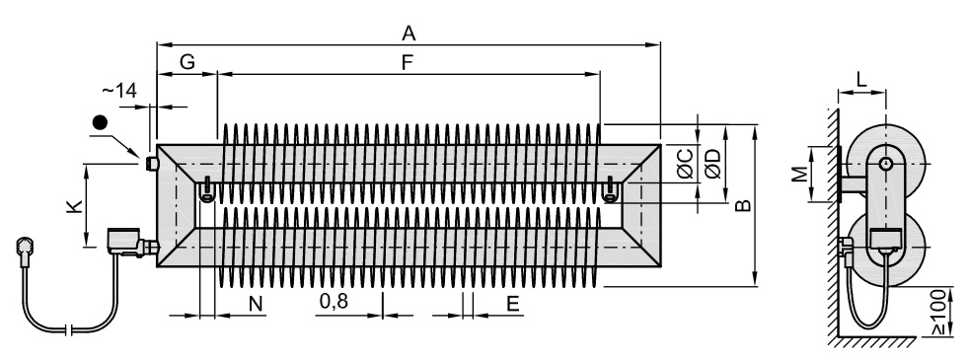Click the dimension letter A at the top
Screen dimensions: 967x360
pyautogui.click(x=409, y=33)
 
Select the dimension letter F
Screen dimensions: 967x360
pyautogui.click(x=407, y=62)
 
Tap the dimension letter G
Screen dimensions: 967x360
pyautogui.click(x=186, y=61)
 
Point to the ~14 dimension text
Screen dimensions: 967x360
pyautogui.click(x=119, y=91)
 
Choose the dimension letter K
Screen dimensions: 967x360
pyautogui.click(x=74, y=206)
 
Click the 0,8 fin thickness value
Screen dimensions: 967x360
pyautogui.click(x=334, y=302)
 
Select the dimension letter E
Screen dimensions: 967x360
pyautogui.click(x=512, y=304)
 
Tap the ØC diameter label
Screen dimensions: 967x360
pyautogui.click(x=685, y=164)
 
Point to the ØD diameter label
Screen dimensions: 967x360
pyautogui.click(x=712, y=164)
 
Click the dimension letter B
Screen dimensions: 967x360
pyautogui.click(x=744, y=205)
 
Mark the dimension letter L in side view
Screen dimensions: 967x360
pyautogui.click(x=861, y=78)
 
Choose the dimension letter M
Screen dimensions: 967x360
pyautogui.click(x=799, y=176)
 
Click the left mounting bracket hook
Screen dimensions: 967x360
pyautogui.click(x=207, y=188)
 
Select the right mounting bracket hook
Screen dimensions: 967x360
pyautogui.click(x=611, y=188)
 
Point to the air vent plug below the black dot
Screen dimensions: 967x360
pyautogui.click(x=151, y=164)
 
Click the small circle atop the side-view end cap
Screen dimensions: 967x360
pyautogui.click(x=886, y=164)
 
